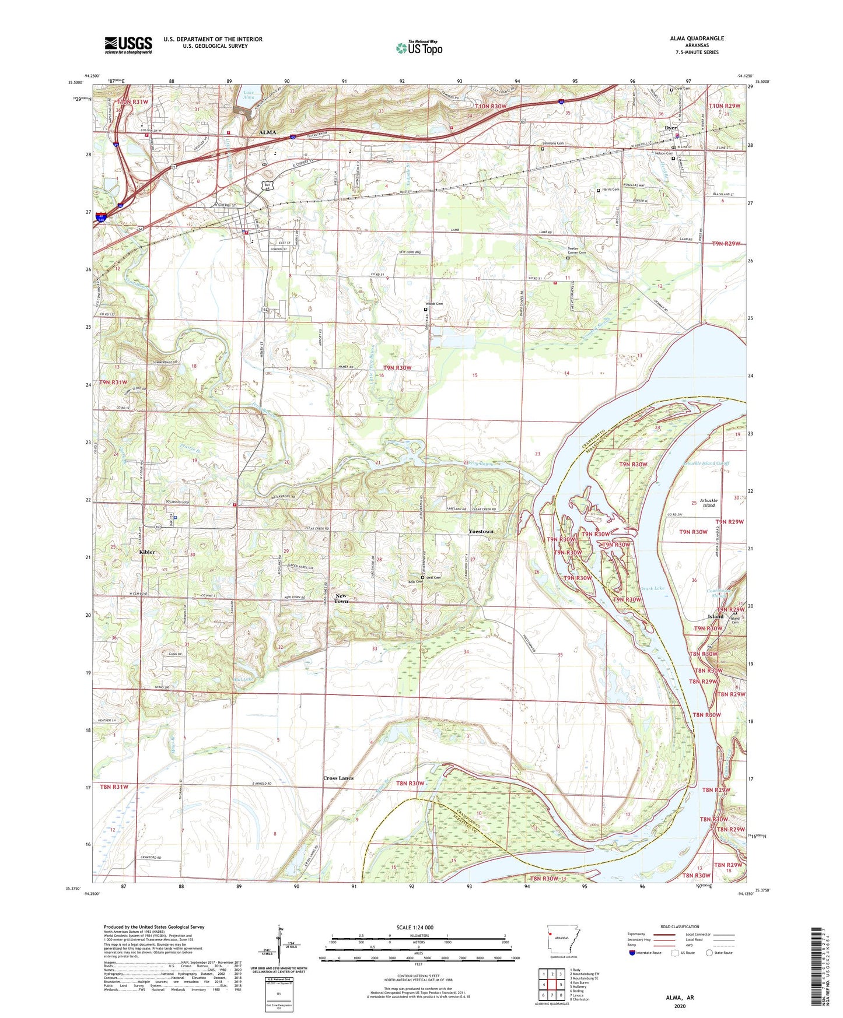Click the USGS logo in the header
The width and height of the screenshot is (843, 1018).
(x=128, y=45)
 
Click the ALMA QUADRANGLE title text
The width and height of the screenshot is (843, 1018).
(x=697, y=38)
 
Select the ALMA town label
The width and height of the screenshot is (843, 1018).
(x=267, y=132)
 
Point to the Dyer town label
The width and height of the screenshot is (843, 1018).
(x=670, y=128)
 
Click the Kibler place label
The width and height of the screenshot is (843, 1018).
(x=146, y=552)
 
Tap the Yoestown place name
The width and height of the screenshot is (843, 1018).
(x=481, y=532)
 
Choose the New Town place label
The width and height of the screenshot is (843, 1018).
(x=341, y=598)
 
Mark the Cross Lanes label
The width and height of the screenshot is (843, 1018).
(x=338, y=778)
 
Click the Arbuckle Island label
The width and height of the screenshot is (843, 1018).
(x=708, y=503)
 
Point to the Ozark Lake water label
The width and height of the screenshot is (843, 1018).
(x=652, y=588)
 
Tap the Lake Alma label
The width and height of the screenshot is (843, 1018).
(x=249, y=95)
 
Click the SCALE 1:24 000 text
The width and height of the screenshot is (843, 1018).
(x=415, y=927)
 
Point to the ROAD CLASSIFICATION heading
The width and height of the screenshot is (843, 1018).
(x=680, y=926)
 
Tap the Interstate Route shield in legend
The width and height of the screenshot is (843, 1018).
(x=632, y=953)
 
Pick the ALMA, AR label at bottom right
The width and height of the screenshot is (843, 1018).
(x=680, y=998)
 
